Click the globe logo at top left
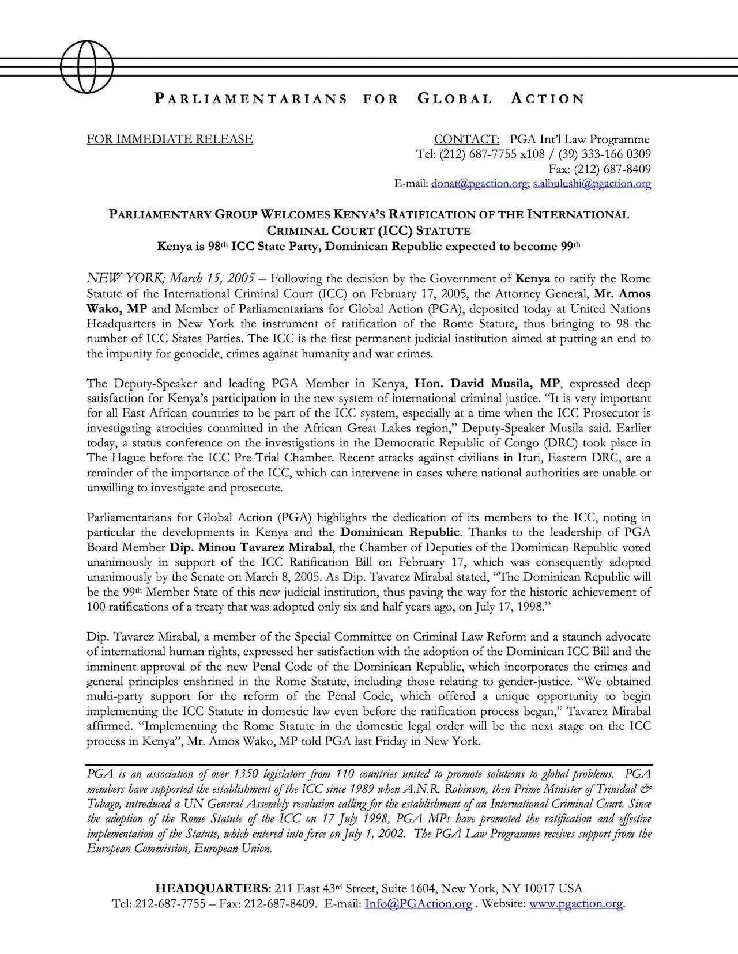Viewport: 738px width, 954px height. coord(87,66)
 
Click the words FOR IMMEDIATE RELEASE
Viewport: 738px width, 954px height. coord(170,139)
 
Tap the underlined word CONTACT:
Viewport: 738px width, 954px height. coord(466,139)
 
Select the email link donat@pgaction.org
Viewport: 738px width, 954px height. coord(479,184)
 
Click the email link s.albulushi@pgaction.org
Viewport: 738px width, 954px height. coord(592,184)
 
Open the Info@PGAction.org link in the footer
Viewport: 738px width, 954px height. coord(418,904)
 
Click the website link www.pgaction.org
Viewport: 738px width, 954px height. coord(576,904)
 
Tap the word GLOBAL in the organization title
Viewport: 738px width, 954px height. coord(454,99)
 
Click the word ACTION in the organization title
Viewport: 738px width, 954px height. coord(548,99)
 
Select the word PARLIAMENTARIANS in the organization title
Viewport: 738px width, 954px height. coord(251,99)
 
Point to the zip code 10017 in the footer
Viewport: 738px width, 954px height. coord(539,888)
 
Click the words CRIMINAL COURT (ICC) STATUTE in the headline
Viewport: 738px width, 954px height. coord(368,232)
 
